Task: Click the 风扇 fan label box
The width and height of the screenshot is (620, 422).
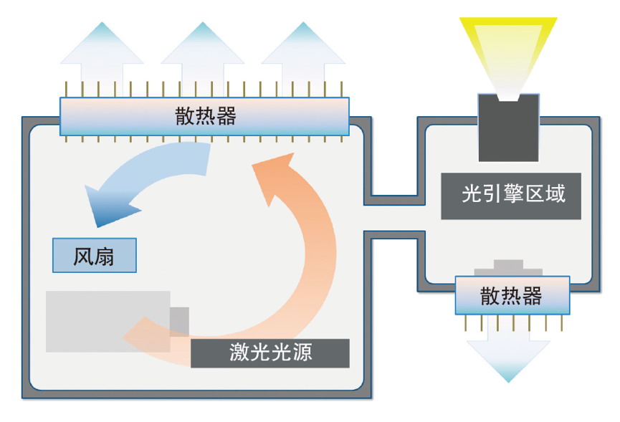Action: tap(94, 255)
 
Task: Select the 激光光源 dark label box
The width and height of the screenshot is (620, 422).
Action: tap(271, 353)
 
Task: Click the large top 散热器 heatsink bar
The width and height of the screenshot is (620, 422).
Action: tap(205, 116)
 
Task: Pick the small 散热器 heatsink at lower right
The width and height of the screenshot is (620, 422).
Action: tap(512, 296)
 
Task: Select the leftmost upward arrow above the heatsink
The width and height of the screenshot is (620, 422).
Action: tap(93, 54)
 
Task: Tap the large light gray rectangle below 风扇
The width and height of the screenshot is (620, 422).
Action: tap(108, 321)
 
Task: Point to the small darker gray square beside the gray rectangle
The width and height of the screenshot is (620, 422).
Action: tap(180, 321)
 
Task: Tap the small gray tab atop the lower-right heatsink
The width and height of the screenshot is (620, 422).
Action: tap(508, 266)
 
